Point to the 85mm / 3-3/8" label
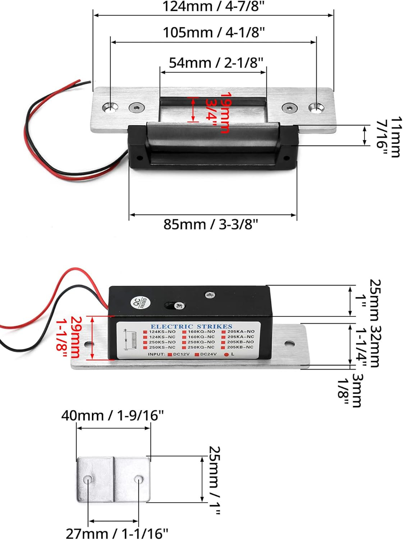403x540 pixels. click(x=211, y=224)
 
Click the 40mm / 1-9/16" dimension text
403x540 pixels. click(x=112, y=415)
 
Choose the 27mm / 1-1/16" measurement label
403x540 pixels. click(x=117, y=533)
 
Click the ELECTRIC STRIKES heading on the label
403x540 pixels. click(x=191, y=327)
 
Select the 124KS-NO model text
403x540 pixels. click(x=162, y=332)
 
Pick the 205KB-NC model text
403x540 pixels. click(x=240, y=347)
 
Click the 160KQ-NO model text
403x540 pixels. click(x=201, y=332)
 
